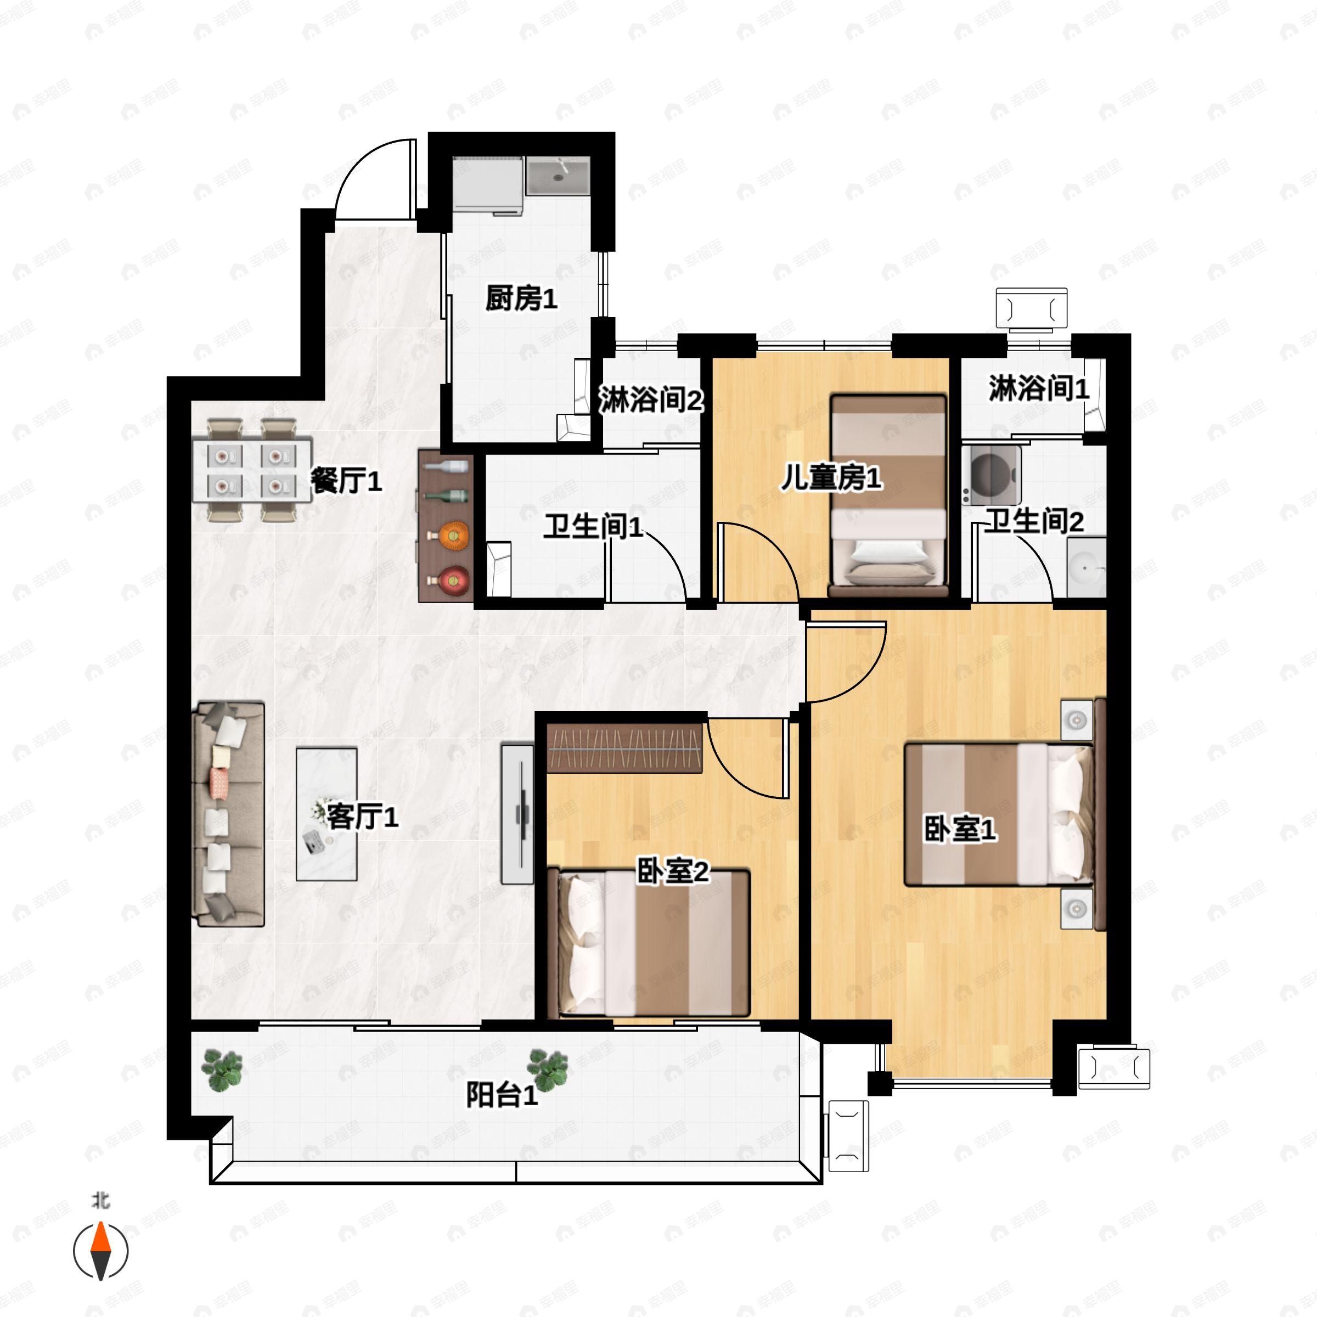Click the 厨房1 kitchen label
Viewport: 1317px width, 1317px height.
(521, 299)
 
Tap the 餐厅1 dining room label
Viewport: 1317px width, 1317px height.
(346, 481)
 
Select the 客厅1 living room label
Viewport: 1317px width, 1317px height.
(362, 816)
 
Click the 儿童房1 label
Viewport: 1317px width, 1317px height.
(830, 477)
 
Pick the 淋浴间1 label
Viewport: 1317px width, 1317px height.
(1038, 388)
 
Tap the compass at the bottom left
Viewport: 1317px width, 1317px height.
(101, 1251)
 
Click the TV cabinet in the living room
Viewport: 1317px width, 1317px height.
(517, 814)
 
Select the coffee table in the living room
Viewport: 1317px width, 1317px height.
(327, 814)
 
